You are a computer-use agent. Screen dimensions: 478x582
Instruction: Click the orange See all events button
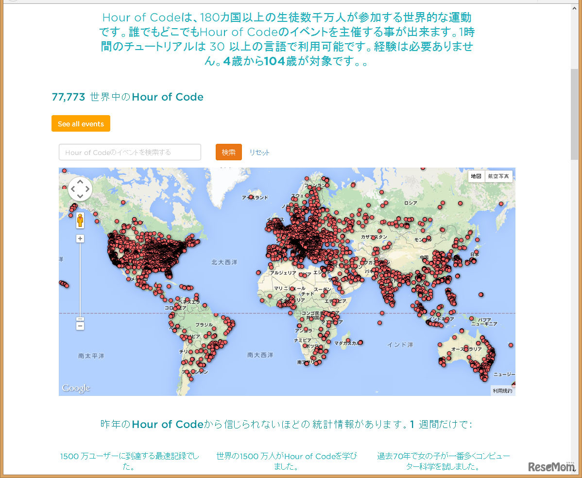pyautogui.click(x=81, y=124)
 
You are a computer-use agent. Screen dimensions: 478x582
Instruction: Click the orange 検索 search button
pyautogui.click(x=229, y=152)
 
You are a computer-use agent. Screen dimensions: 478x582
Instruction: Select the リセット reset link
pyautogui.click(x=259, y=153)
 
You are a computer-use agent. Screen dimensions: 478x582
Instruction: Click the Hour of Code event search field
pyautogui.click(x=130, y=152)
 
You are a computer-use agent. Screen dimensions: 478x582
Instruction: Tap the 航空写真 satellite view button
pyautogui.click(x=498, y=176)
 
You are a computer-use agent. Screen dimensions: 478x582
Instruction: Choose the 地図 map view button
pyautogui.click(x=476, y=176)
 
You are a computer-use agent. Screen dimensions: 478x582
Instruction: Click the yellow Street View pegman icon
pyautogui.click(x=80, y=221)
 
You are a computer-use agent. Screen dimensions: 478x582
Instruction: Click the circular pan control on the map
pyautogui.click(x=80, y=189)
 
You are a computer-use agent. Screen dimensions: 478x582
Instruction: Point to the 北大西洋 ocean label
pyautogui.click(x=224, y=262)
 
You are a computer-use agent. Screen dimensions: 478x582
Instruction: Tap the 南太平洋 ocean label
pyautogui.click(x=91, y=356)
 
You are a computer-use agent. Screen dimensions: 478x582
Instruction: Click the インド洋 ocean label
pyautogui.click(x=400, y=344)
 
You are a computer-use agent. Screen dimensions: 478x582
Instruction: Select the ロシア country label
pyautogui.click(x=411, y=203)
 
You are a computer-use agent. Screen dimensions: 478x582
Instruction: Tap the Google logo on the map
pyautogui.click(x=76, y=388)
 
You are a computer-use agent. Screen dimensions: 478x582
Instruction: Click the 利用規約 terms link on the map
pyautogui.click(x=502, y=391)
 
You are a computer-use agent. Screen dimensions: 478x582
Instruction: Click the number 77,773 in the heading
pyautogui.click(x=68, y=97)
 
